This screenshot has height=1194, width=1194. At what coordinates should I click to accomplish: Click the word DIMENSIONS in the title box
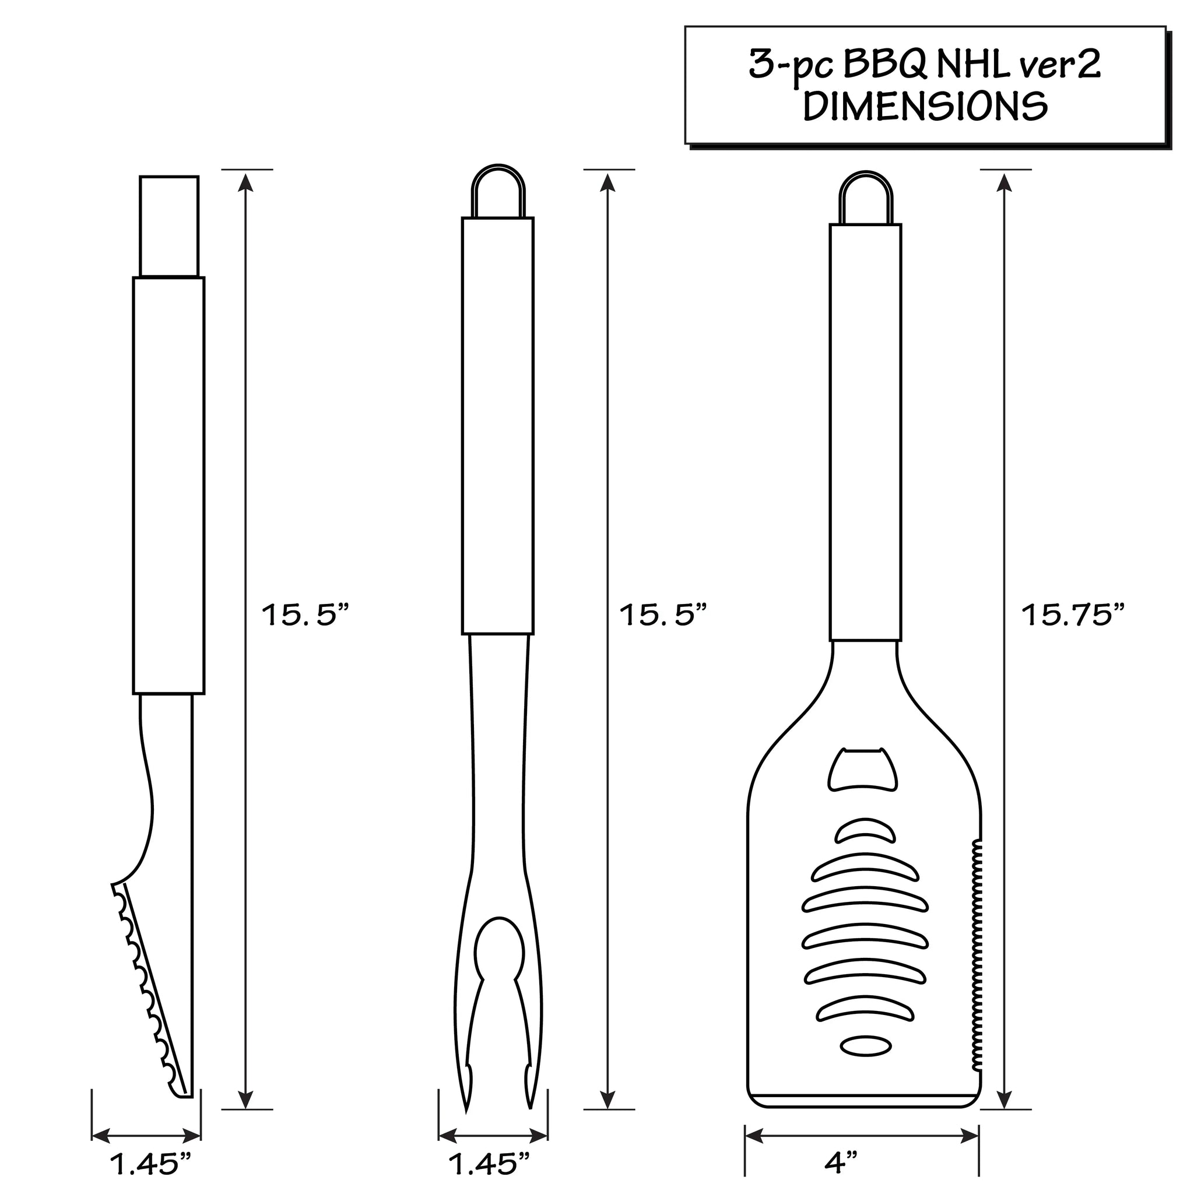click(925, 106)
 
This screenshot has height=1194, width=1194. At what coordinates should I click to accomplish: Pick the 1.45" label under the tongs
click(151, 1164)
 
